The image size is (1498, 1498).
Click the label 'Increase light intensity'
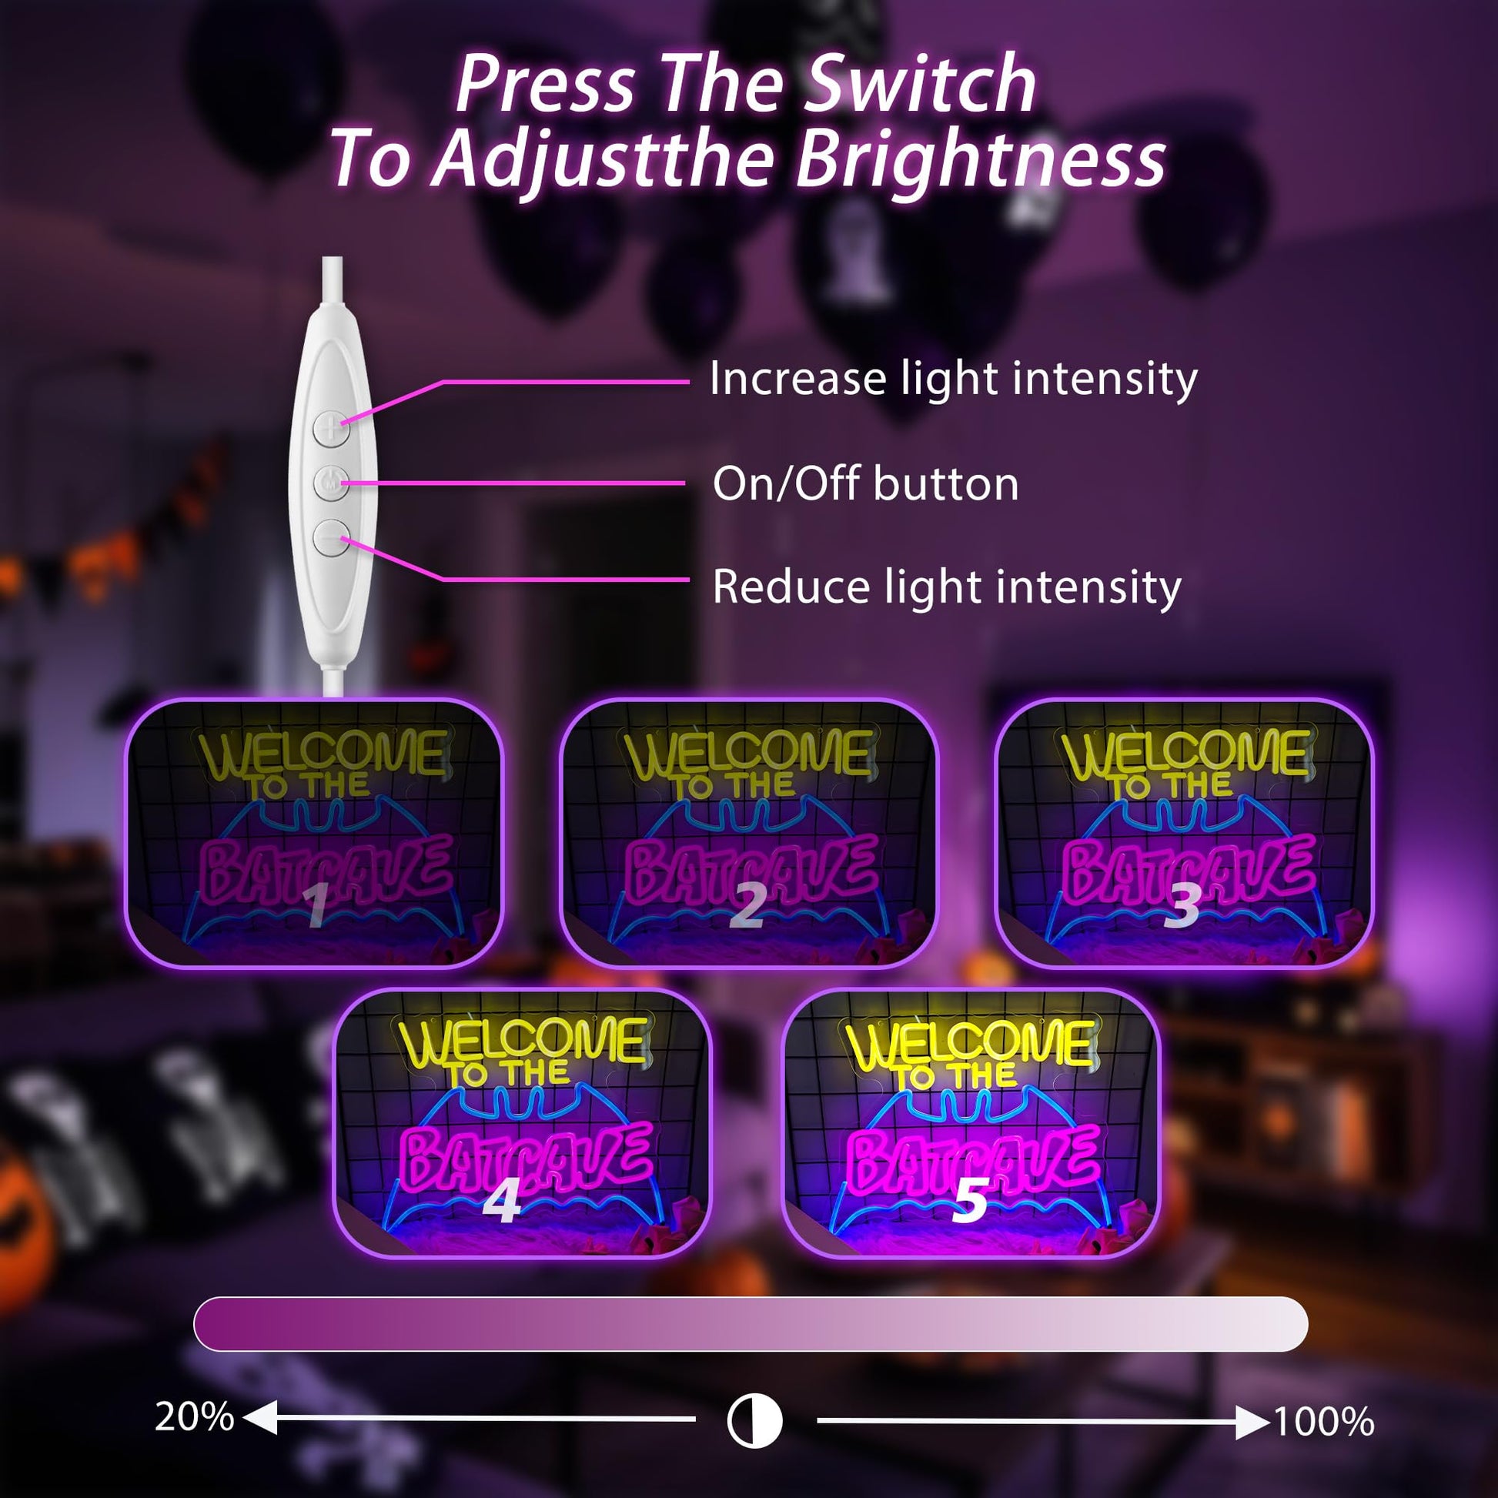pyautogui.click(x=954, y=380)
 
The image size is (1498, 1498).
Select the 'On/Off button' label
pyautogui.click(x=865, y=484)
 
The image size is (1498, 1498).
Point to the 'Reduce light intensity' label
pyautogui.click(x=947, y=587)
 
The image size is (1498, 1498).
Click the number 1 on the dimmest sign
pyautogui.click(x=316, y=904)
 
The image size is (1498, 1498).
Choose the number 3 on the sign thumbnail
pyautogui.click(x=1182, y=904)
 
